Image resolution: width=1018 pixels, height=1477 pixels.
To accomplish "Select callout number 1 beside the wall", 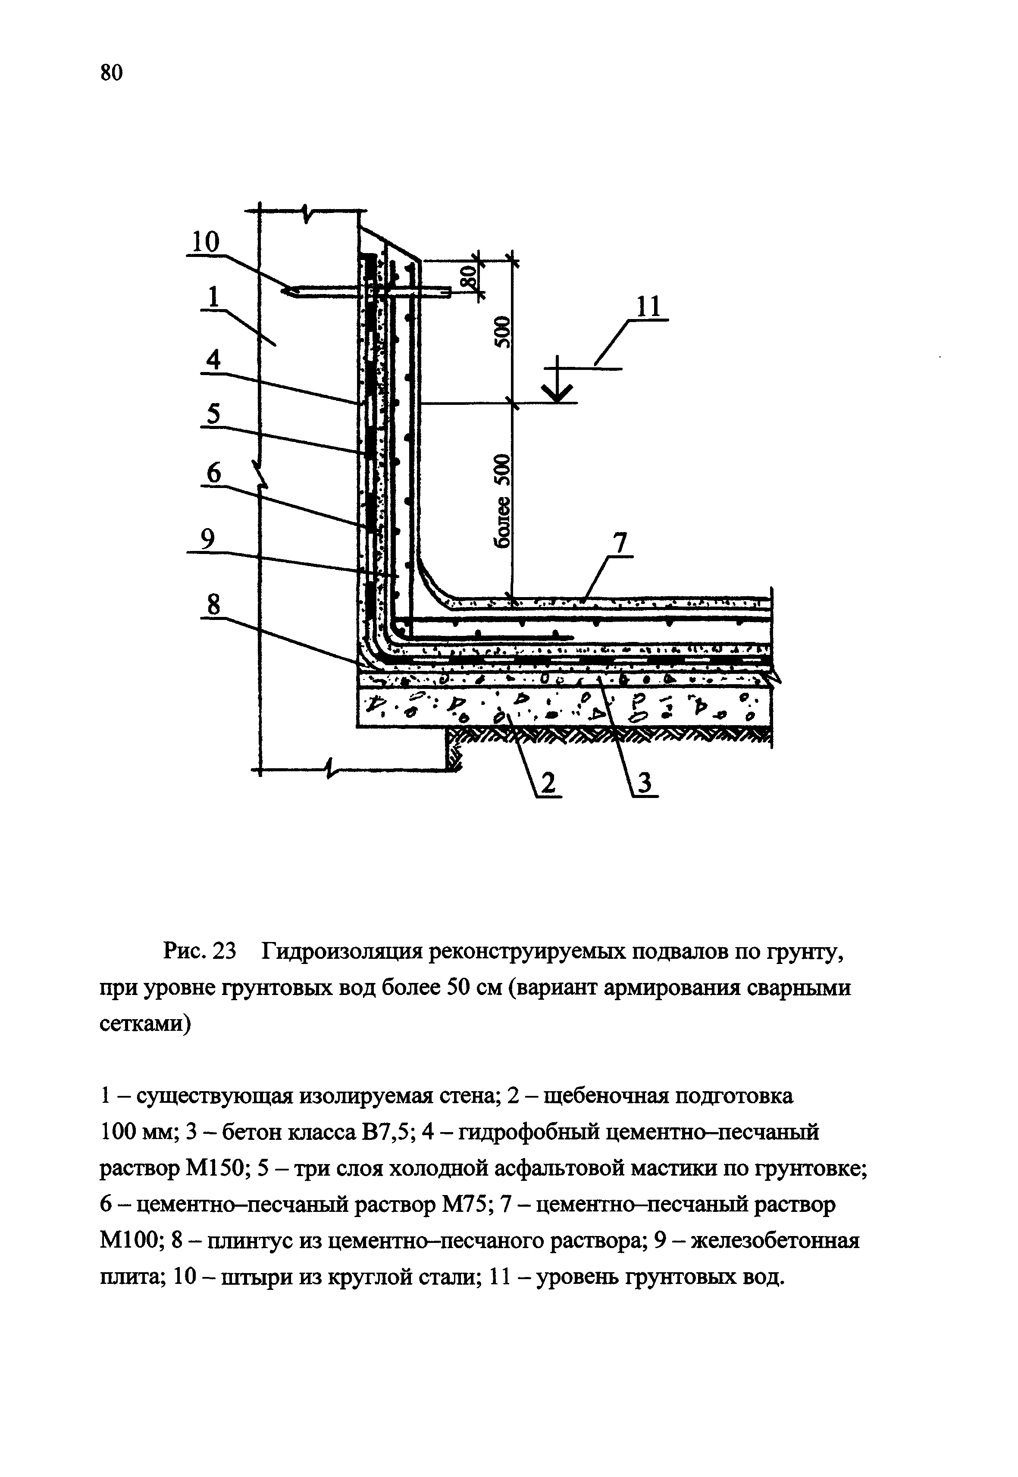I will click(213, 297).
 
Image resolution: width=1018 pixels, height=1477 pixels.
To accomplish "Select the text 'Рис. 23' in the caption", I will click(200, 952).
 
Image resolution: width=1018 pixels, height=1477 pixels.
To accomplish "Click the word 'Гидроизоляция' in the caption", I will click(342, 952).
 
